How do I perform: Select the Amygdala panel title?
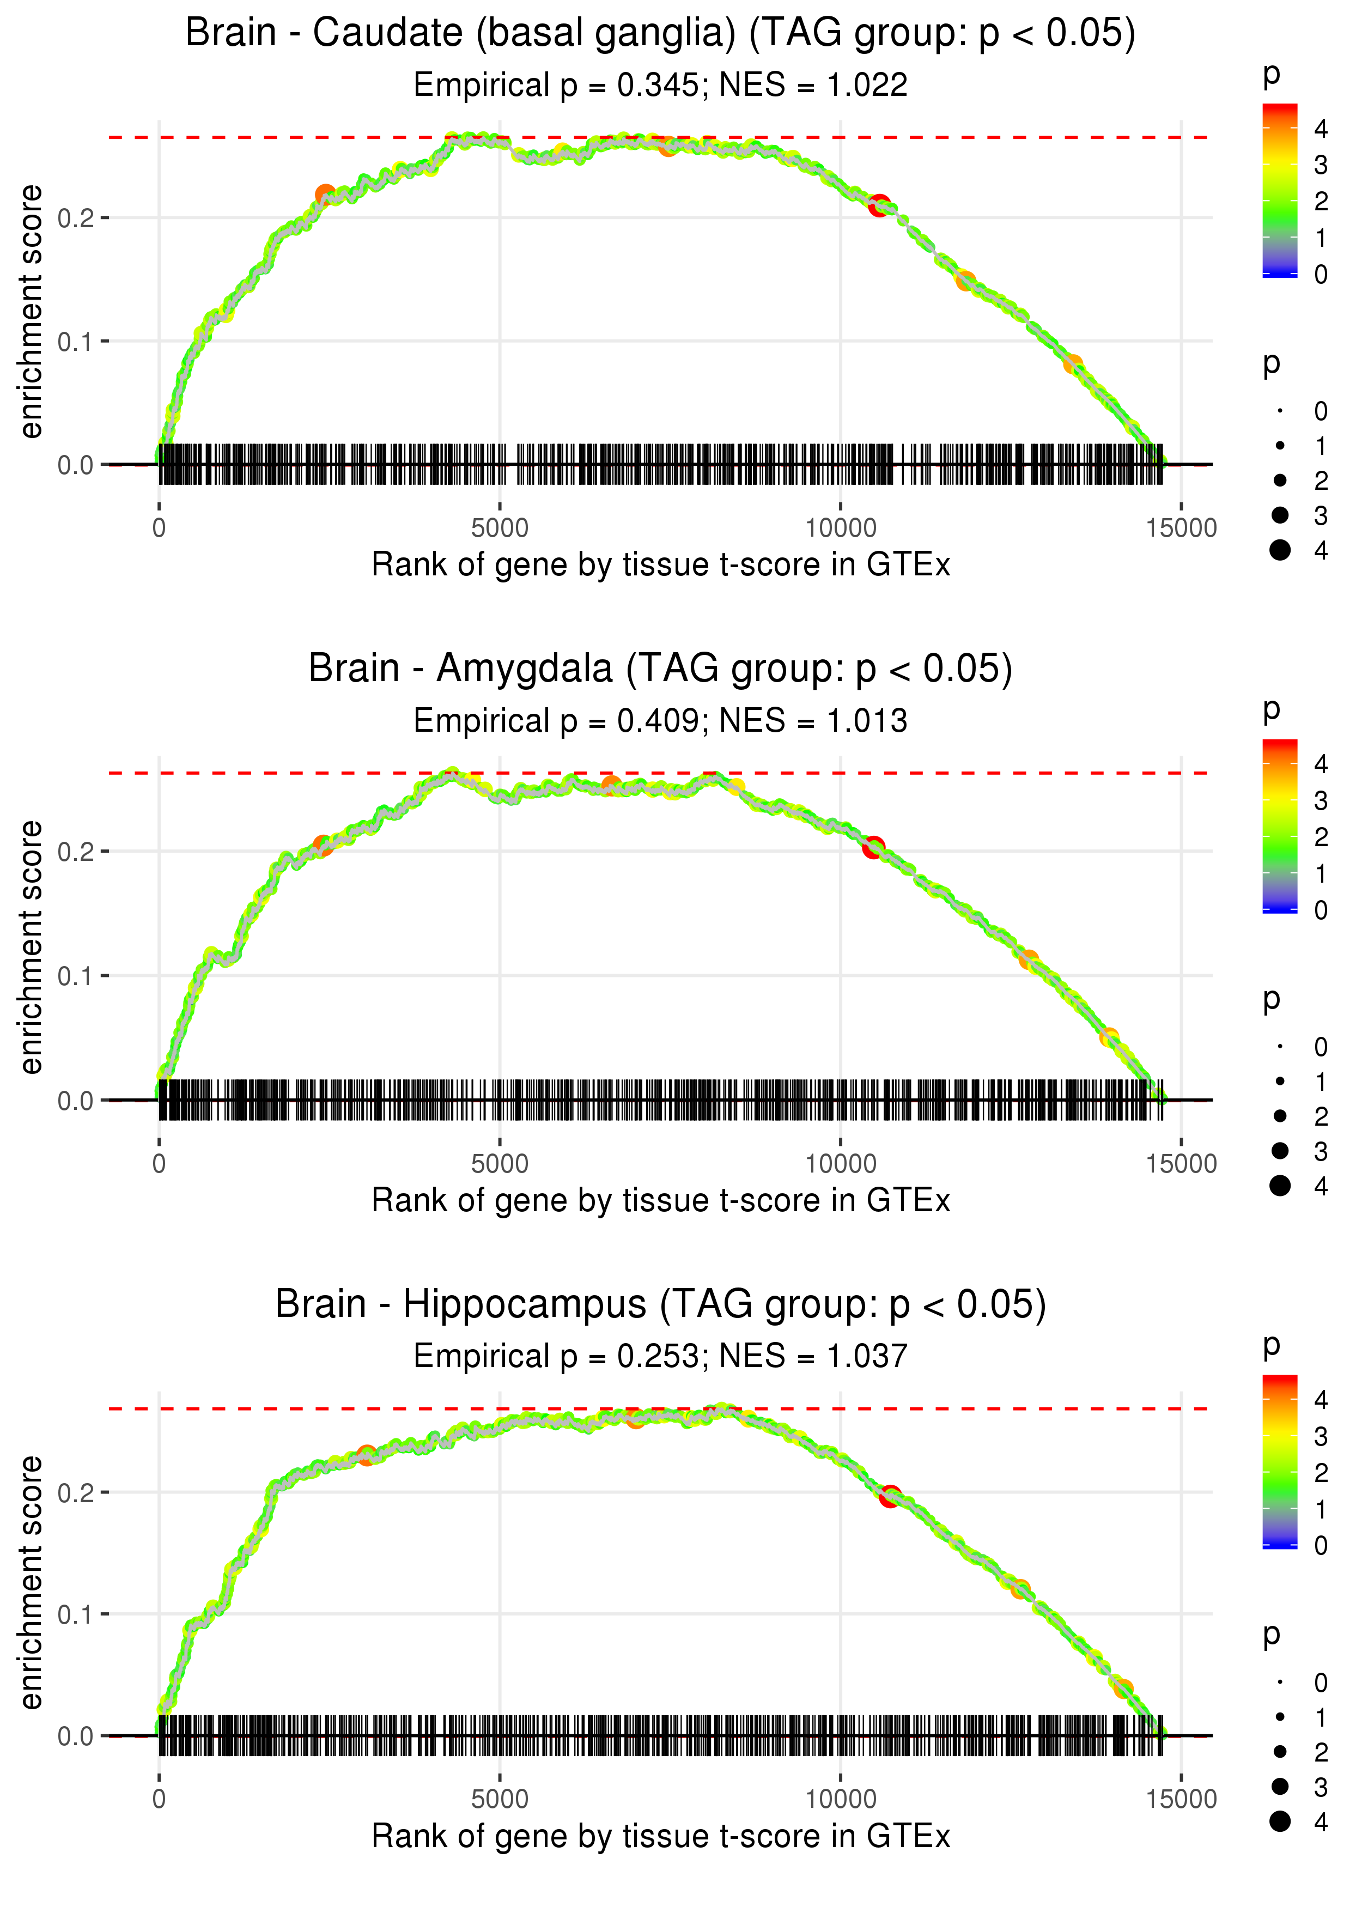(x=660, y=669)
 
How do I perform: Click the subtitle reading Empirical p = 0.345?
(x=660, y=86)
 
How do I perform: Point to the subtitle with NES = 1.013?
(x=660, y=721)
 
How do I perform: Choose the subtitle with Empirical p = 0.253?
(x=660, y=1357)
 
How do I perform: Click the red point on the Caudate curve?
(x=879, y=205)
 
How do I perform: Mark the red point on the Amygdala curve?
(x=874, y=847)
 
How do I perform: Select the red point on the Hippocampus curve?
(x=890, y=1496)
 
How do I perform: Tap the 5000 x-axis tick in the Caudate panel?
(x=500, y=529)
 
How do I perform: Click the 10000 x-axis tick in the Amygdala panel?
(x=840, y=1164)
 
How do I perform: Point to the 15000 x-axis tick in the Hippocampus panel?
(x=1181, y=1800)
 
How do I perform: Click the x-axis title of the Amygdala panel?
(x=660, y=1201)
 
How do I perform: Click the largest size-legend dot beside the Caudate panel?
(x=1280, y=550)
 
